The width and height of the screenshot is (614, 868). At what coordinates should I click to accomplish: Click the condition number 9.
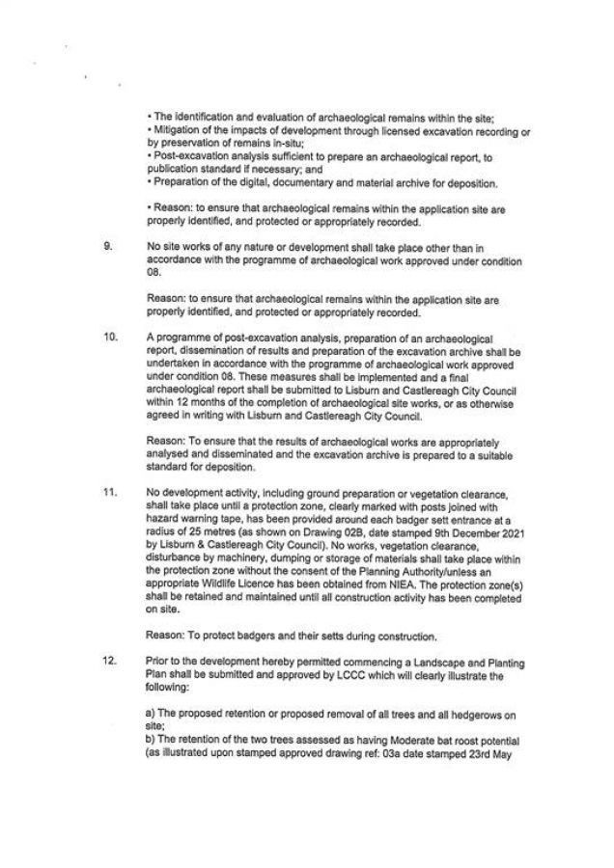106,246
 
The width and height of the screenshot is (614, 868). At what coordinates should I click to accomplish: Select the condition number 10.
109,337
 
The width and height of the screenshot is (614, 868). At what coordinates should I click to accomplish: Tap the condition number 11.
109,492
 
